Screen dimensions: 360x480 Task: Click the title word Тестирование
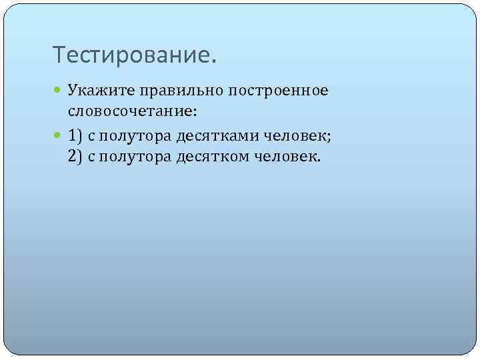[x=134, y=55]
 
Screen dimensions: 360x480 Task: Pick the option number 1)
[x=75, y=137]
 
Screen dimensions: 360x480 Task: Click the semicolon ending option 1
[x=329, y=139]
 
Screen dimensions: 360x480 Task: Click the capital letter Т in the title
[x=58, y=55]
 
